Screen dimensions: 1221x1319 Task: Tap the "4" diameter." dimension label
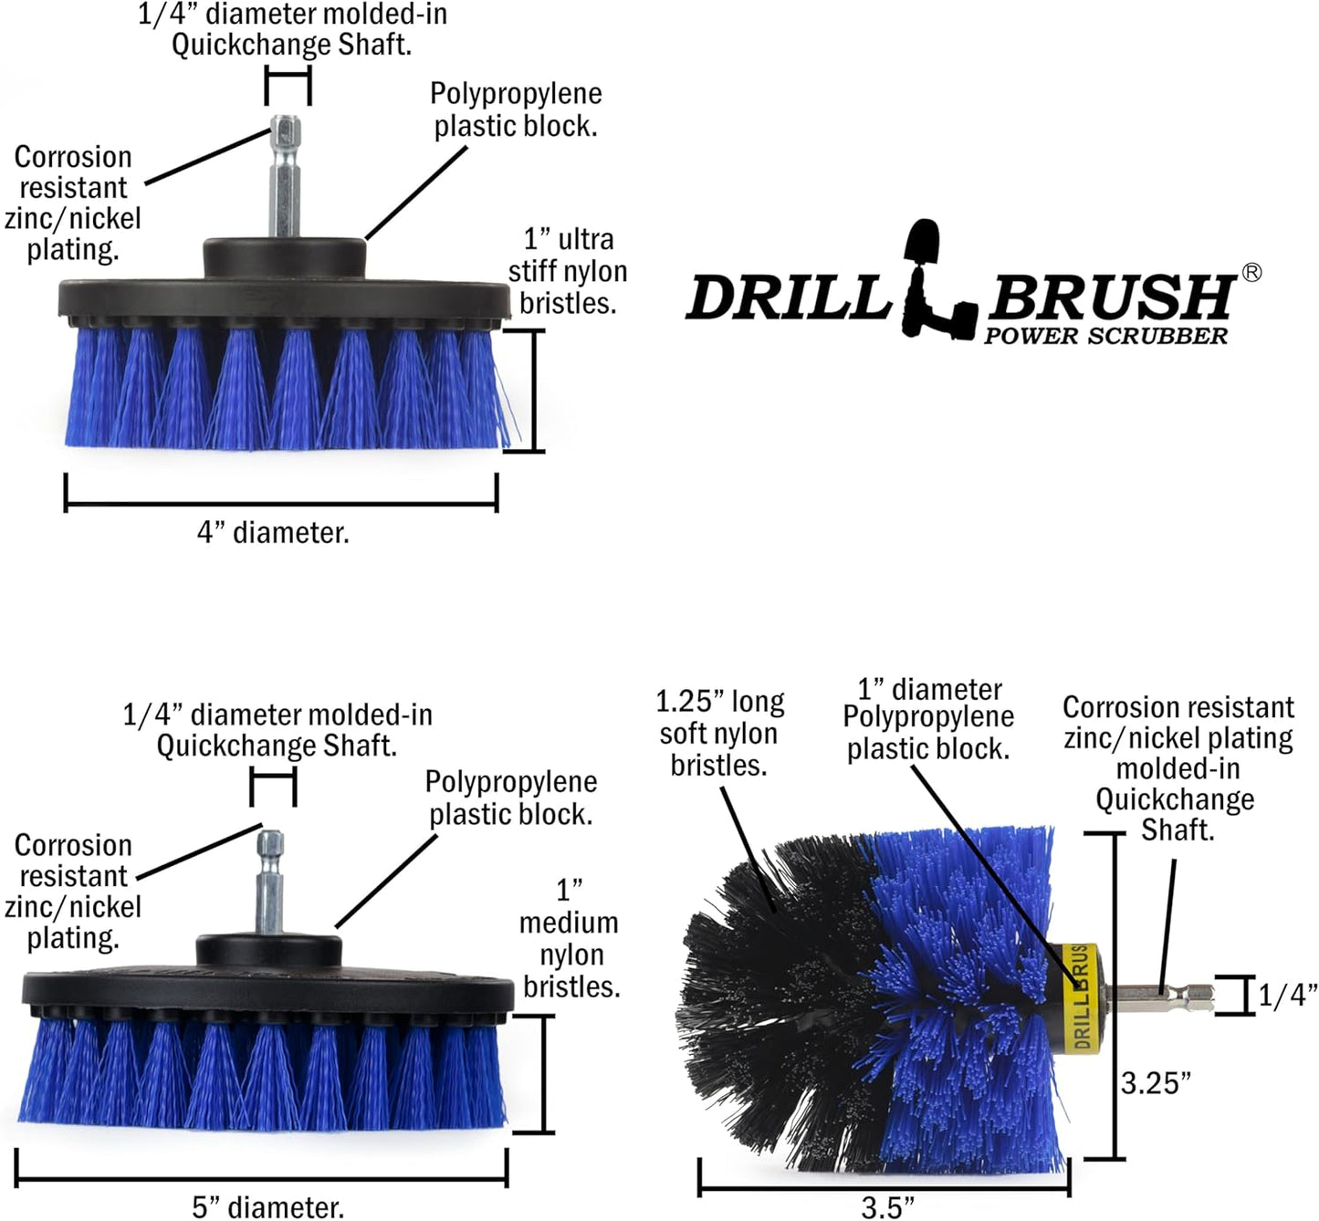(273, 532)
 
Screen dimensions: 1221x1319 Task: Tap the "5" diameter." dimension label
(267, 1206)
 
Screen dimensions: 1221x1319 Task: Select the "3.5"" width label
(887, 1206)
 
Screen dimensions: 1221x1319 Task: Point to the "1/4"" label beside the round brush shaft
(1287, 995)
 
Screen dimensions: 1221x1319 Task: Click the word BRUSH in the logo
(1111, 296)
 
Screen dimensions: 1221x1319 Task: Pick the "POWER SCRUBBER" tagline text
(1105, 336)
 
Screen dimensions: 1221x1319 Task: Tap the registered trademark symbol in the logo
(1251, 272)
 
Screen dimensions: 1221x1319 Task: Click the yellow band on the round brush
(1079, 995)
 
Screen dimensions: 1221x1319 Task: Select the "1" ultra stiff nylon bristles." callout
(568, 271)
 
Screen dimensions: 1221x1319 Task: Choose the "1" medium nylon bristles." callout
(570, 938)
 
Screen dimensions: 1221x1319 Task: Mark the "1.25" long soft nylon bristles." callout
(720, 733)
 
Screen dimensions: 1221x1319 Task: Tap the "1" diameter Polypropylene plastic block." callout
(928, 718)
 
